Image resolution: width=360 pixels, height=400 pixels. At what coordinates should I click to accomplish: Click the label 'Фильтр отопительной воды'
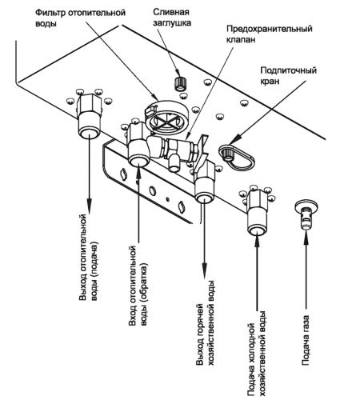[x=80, y=18]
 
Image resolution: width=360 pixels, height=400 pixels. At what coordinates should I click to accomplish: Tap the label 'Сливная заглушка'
[x=172, y=18]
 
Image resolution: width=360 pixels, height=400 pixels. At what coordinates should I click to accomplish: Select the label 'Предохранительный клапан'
[x=270, y=34]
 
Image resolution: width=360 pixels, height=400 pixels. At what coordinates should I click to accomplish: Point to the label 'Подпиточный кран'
[x=289, y=76]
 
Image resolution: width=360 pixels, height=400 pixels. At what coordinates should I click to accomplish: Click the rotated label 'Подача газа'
[x=306, y=340]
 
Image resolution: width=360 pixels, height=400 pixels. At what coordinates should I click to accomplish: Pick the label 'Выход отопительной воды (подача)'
[x=89, y=258]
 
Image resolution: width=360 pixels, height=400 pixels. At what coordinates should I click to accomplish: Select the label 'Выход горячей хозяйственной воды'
[x=206, y=322]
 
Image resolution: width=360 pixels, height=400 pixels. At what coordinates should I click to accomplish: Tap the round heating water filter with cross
[x=167, y=118]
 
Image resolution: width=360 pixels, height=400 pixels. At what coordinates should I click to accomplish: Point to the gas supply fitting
[x=306, y=214]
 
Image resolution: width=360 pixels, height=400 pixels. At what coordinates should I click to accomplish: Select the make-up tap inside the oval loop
[x=228, y=154]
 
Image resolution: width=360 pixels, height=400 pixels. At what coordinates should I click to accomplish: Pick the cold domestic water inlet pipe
[x=257, y=213]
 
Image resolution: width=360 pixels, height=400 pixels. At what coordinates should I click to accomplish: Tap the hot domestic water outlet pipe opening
[x=205, y=198]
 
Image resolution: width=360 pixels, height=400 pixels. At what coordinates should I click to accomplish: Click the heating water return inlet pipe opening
[x=139, y=161]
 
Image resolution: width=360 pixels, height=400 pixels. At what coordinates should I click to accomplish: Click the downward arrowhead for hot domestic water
[x=205, y=271]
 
